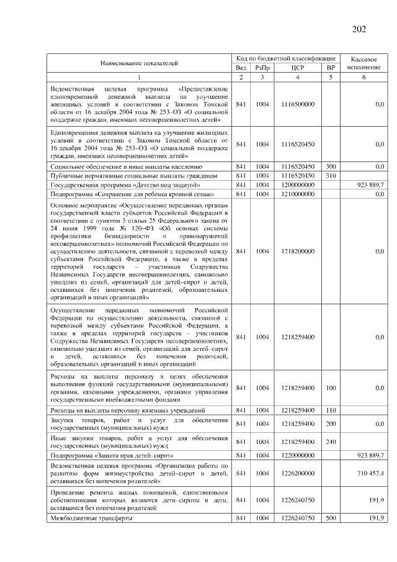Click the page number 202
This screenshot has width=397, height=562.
[359, 30]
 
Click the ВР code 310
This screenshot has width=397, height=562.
[331, 176]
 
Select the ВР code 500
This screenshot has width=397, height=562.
[331, 518]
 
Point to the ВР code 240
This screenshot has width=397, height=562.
[331, 442]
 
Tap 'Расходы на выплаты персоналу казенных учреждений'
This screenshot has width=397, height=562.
[127, 410]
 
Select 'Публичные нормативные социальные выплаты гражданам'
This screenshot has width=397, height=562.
[133, 176]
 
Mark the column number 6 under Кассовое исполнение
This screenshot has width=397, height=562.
[364, 77]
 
